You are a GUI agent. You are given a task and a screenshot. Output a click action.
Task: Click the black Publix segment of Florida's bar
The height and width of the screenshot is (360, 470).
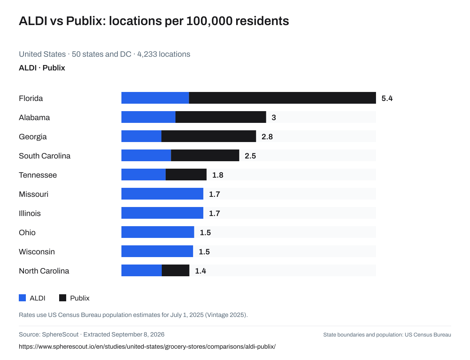click(x=282, y=98)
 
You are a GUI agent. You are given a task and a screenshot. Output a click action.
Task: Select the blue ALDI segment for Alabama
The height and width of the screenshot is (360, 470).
click(x=148, y=117)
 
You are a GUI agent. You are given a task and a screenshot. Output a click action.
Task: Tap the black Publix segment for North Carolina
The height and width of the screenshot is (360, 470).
click(x=175, y=270)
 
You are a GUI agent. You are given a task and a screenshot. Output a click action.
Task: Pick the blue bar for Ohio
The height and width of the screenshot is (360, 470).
click(x=158, y=232)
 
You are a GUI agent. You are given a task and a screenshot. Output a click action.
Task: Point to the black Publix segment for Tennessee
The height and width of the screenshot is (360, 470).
click(x=186, y=175)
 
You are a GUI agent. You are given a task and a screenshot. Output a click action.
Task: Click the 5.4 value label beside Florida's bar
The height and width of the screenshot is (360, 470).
click(x=387, y=98)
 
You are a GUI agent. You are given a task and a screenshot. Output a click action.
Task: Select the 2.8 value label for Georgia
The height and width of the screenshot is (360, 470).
click(x=267, y=137)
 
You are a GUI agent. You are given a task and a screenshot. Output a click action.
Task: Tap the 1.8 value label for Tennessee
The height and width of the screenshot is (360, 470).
click(x=218, y=175)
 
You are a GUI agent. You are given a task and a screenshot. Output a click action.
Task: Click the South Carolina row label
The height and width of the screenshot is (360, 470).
click(x=45, y=156)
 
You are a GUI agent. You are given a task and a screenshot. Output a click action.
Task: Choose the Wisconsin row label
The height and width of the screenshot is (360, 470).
click(x=37, y=252)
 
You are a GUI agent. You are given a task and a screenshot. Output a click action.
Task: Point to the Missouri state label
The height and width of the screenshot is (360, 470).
click(x=34, y=194)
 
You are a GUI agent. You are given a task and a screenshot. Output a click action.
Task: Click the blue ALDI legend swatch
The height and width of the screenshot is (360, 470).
click(x=22, y=298)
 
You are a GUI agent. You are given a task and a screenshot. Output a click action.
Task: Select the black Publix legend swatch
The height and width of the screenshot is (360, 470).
click(x=63, y=298)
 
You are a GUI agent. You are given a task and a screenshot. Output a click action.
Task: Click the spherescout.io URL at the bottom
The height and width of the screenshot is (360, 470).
click(x=147, y=347)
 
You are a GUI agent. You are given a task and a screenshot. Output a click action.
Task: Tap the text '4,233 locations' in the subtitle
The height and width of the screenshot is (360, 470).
click(x=164, y=54)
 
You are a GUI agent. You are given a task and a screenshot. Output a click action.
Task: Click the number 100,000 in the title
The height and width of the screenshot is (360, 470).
click(x=209, y=21)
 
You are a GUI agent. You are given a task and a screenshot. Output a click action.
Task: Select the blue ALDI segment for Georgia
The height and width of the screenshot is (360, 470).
click(x=141, y=136)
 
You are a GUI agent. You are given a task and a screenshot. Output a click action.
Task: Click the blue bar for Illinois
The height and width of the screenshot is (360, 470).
click(x=162, y=213)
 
